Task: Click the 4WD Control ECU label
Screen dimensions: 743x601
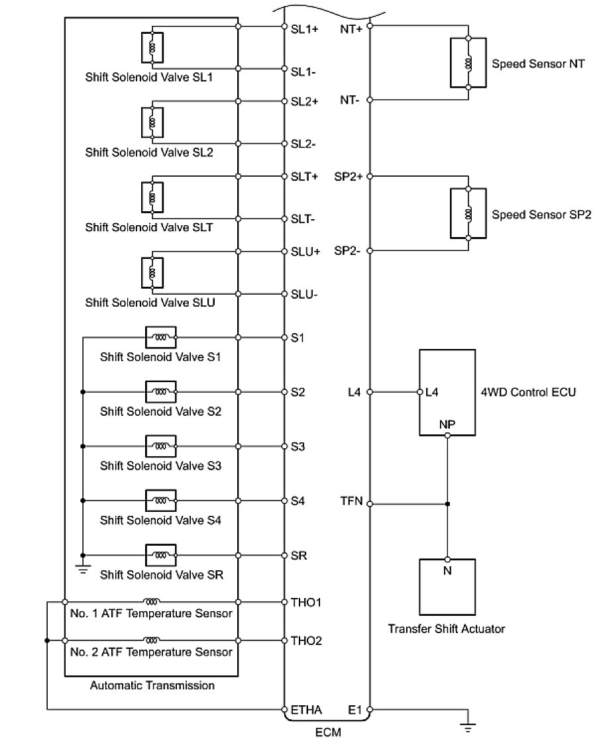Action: (528, 391)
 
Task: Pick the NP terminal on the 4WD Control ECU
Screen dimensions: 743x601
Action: (447, 424)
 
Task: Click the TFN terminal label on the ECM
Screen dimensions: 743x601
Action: (351, 501)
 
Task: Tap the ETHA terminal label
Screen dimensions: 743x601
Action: (306, 711)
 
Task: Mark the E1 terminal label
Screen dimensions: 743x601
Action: (355, 711)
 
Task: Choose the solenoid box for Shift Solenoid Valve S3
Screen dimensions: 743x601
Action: (160, 446)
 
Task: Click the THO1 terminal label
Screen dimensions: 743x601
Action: (305, 602)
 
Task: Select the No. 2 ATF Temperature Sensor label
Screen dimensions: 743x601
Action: (150, 652)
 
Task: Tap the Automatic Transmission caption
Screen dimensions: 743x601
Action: (152, 685)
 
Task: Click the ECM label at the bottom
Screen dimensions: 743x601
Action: (327, 733)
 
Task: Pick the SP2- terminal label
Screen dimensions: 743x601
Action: (348, 251)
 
